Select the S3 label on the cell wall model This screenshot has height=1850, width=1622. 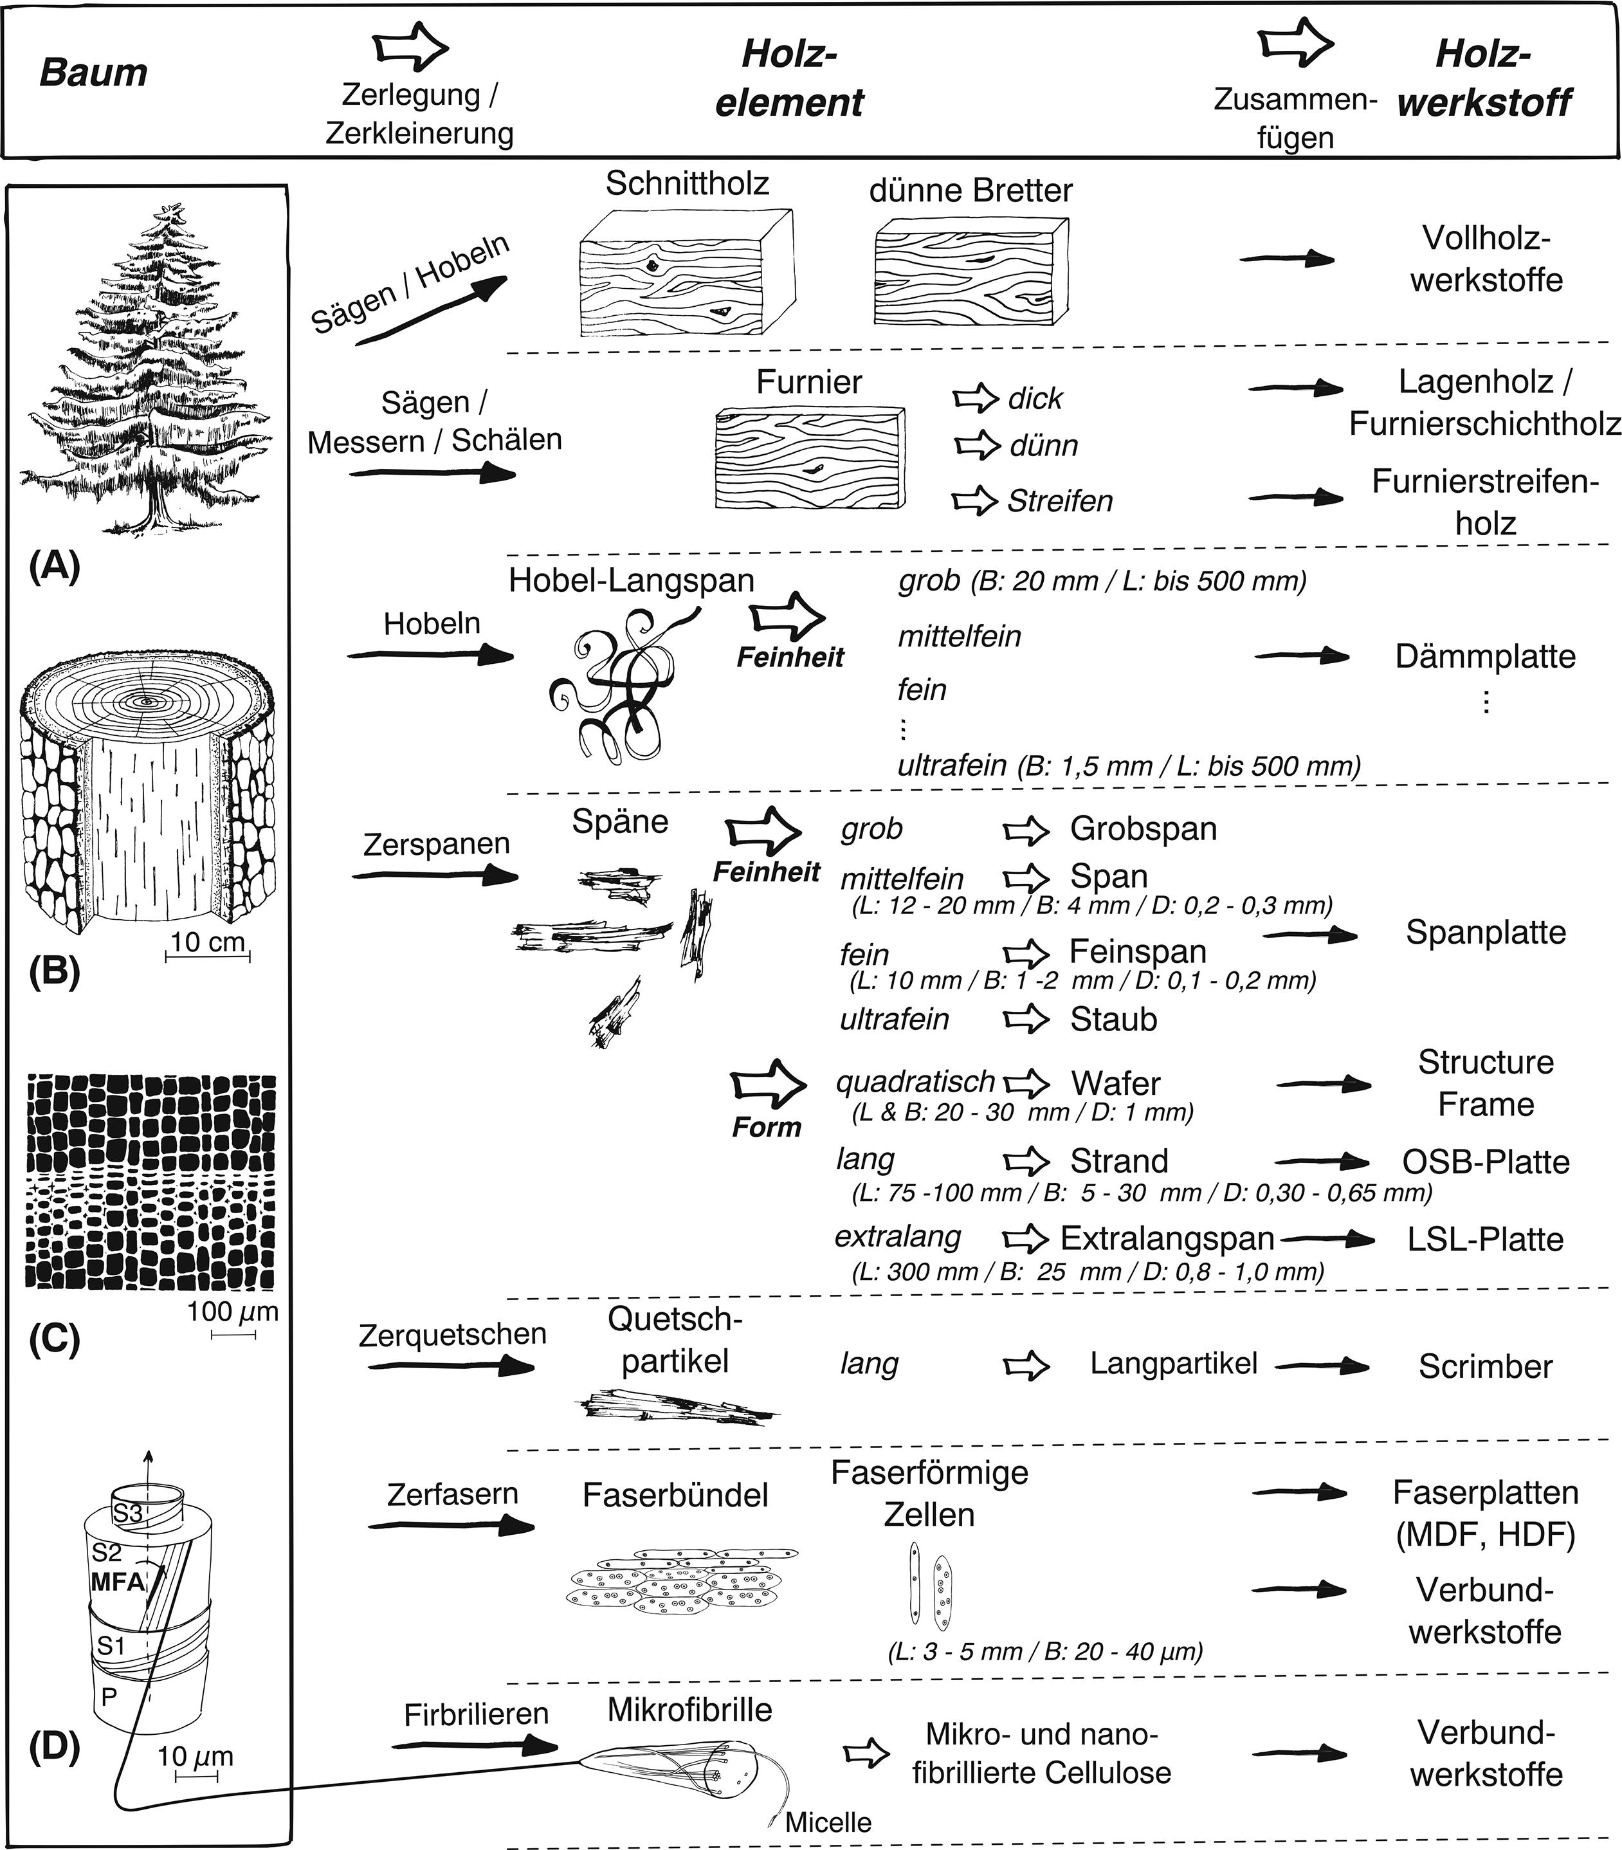(x=127, y=1512)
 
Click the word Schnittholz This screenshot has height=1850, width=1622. (x=687, y=184)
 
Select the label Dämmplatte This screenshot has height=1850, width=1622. (x=1484, y=656)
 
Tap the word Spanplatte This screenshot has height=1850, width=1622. (x=1485, y=932)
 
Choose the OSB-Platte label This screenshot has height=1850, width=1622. (x=1485, y=1161)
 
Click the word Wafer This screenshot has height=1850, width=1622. (x=1115, y=1083)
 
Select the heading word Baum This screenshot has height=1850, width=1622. (x=93, y=73)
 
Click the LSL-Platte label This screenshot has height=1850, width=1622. (x=1485, y=1239)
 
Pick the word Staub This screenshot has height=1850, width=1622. (x=1113, y=1019)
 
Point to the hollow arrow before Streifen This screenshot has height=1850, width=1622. (x=974, y=500)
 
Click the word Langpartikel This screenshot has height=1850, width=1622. (x=1173, y=1364)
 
